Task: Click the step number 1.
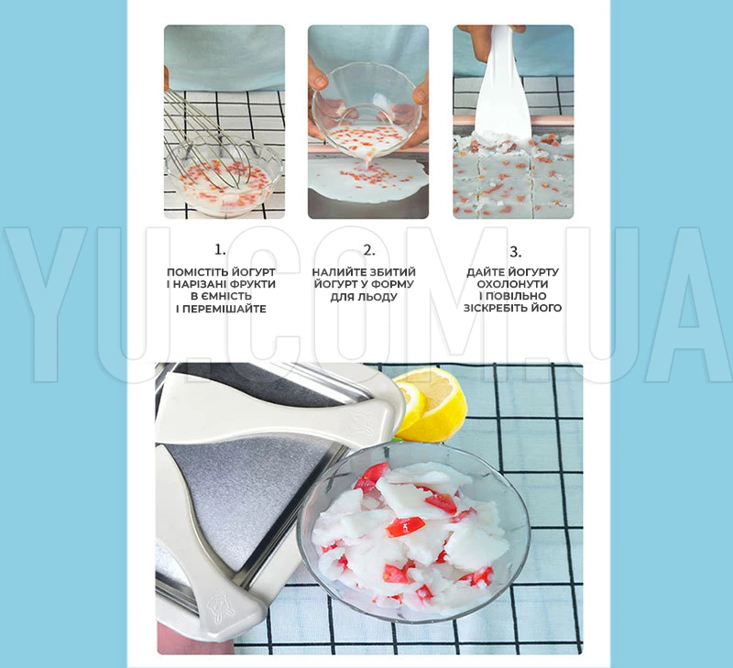(220, 249)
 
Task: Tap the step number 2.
(369, 250)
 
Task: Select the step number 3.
(515, 252)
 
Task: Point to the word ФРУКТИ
(250, 284)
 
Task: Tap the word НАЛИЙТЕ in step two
(339, 272)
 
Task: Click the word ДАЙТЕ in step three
(485, 272)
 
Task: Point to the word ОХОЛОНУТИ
(513, 284)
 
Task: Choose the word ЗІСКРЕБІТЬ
(497, 308)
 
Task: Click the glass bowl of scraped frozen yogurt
(413, 533)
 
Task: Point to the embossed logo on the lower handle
(220, 607)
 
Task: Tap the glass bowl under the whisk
(224, 178)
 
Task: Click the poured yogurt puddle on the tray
(368, 180)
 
